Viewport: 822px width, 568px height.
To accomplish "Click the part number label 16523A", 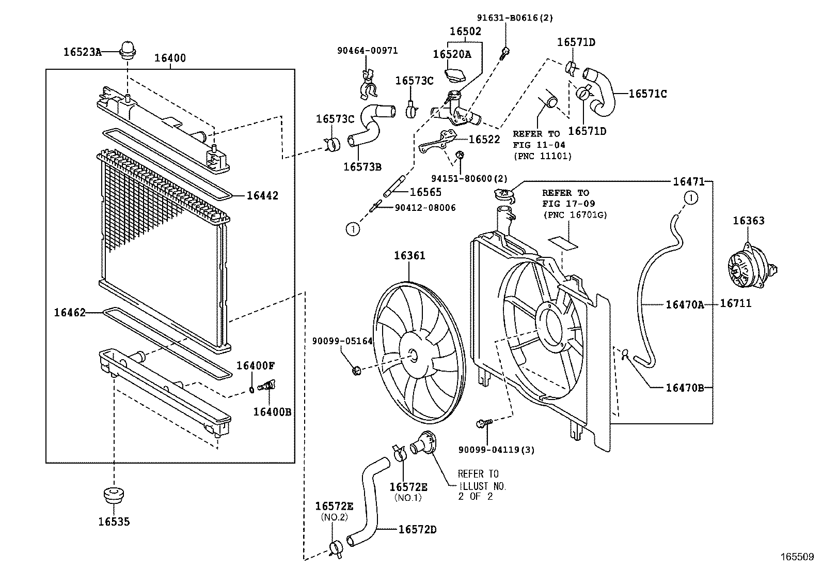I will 82,51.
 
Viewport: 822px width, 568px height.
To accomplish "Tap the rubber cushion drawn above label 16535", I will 114,495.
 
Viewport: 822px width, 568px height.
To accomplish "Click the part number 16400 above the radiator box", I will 170,58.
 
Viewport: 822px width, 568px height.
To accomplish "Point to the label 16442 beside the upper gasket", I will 262,195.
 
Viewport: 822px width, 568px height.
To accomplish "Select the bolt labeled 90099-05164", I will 355,370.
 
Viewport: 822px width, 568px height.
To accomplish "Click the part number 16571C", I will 647,94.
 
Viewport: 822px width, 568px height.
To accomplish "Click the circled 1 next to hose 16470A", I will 691,197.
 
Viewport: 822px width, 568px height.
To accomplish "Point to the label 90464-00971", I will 367,51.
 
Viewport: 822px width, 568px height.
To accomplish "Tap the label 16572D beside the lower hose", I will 417,529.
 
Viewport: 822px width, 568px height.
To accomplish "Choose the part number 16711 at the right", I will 735,304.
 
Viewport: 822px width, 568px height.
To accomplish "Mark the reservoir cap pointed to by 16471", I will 504,196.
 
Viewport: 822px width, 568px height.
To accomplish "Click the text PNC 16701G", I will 574,215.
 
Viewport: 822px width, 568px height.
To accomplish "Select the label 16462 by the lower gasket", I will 70,312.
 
